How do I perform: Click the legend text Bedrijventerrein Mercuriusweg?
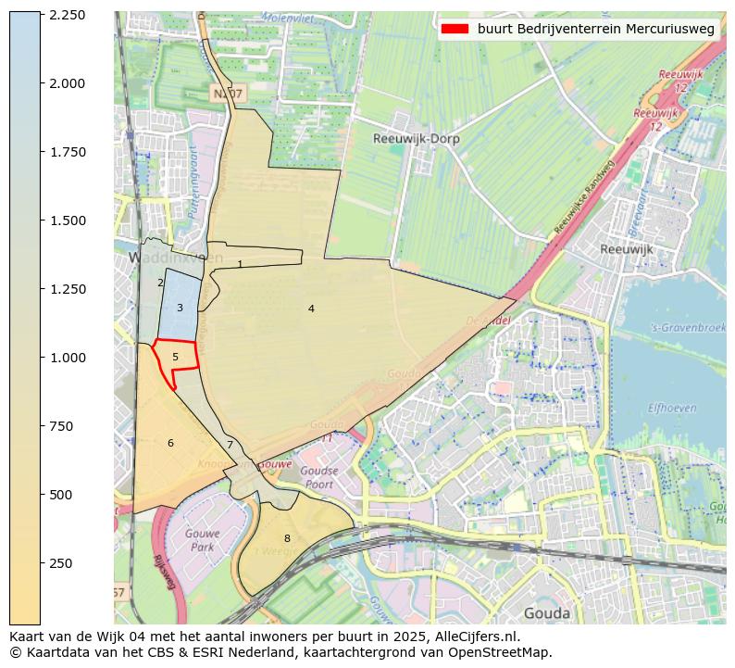(596, 29)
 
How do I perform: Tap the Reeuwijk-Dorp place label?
(416, 139)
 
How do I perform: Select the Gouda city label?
(546, 612)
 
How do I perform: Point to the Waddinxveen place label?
(163, 257)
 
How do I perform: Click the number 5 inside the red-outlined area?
(175, 357)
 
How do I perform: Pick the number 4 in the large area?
(311, 309)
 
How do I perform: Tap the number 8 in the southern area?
(287, 538)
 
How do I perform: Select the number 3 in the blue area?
(180, 308)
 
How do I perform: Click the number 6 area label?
(170, 443)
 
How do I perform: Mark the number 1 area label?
(240, 264)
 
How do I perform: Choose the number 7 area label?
(230, 445)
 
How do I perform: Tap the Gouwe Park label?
(200, 541)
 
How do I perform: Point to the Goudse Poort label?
(318, 477)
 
